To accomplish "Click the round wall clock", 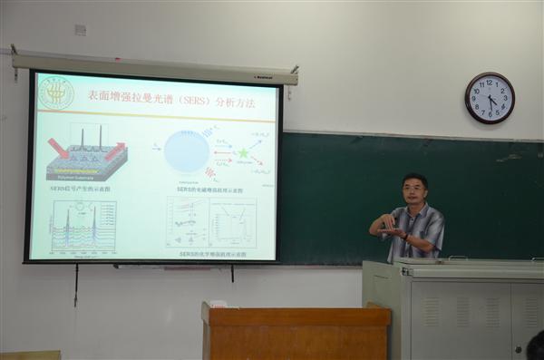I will (490, 98).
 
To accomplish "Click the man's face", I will (415, 191).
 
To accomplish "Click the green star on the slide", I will (243, 153).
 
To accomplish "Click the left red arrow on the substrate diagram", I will (58, 148).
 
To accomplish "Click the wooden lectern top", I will (296, 316).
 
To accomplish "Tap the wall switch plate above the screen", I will (80, 30).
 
